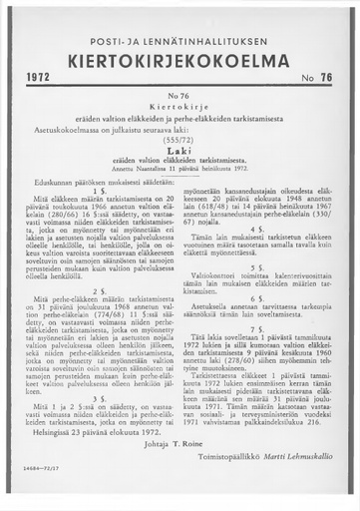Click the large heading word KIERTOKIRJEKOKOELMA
[x=180, y=57]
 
